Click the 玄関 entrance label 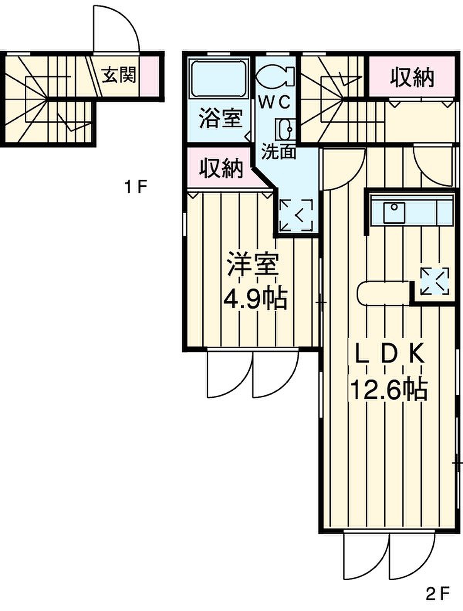(118, 75)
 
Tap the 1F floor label (135, 187)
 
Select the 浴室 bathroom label (221, 118)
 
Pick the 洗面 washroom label (279, 151)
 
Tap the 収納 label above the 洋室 (221, 168)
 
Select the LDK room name (389, 353)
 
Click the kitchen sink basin (394, 213)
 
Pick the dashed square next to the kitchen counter (434, 281)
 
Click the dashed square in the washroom (296, 215)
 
